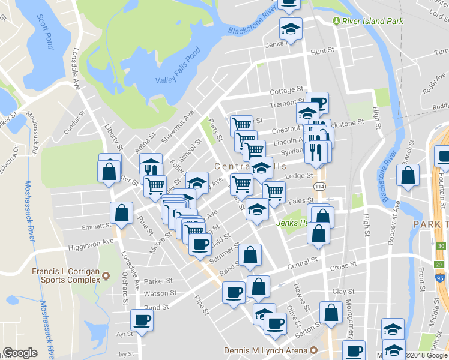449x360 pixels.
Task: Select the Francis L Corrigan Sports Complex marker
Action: point(106,275)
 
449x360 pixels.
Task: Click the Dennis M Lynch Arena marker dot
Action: point(313,350)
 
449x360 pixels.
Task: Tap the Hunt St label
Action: point(322,52)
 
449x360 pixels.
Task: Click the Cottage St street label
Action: point(286,91)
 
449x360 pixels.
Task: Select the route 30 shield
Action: point(441,246)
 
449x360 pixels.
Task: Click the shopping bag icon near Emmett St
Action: point(121,212)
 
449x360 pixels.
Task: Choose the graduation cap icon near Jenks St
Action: point(291,28)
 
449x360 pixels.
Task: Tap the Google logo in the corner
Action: point(20,353)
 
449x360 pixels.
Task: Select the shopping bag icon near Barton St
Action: point(331,312)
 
